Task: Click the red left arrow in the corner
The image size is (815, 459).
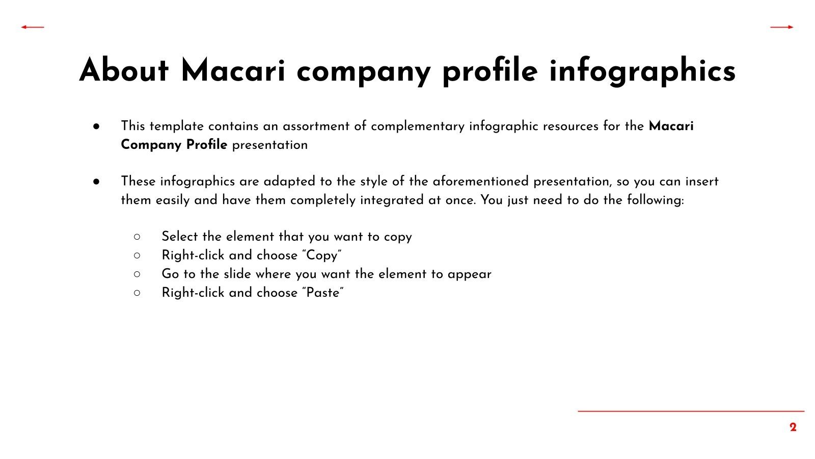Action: pos(33,27)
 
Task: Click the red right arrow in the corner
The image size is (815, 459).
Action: pos(782,27)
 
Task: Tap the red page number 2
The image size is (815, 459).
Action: pos(793,427)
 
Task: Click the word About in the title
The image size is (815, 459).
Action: pos(124,70)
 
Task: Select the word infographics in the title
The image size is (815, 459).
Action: pos(642,71)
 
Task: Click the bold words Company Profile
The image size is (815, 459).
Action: pos(174,145)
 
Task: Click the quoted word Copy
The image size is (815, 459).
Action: pos(322,256)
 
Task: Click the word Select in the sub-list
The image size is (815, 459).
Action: pos(180,237)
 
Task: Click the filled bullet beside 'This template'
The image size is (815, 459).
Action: pos(96,126)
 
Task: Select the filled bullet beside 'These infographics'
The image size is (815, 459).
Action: pos(96,182)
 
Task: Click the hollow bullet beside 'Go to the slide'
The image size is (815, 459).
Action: pos(137,274)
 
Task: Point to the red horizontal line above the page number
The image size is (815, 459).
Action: pos(691,411)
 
